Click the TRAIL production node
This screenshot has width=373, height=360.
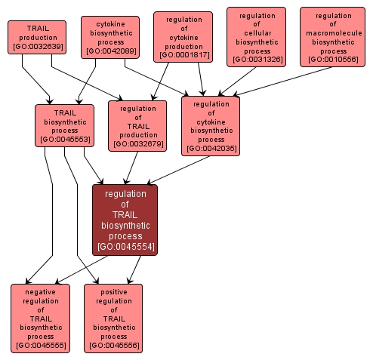point(37,37)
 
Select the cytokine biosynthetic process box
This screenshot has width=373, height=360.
point(109,37)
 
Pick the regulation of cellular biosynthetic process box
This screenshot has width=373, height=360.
point(256,37)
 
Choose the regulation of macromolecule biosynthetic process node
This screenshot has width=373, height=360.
point(333,37)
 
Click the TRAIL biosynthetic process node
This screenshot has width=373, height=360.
point(64,125)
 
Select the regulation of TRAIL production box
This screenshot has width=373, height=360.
point(137,125)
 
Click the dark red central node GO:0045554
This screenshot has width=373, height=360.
point(125,220)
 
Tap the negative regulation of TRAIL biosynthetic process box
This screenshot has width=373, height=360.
point(40,318)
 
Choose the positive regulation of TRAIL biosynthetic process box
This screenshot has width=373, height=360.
point(113,318)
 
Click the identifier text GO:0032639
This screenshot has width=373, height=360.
point(37,47)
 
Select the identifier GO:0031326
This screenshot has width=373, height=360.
point(256,60)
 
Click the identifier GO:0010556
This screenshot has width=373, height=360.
point(333,60)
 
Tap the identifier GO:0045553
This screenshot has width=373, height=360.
point(64,139)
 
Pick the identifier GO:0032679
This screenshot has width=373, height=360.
point(137,143)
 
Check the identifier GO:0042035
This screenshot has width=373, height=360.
point(211,149)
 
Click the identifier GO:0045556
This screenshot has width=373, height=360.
point(113,345)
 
